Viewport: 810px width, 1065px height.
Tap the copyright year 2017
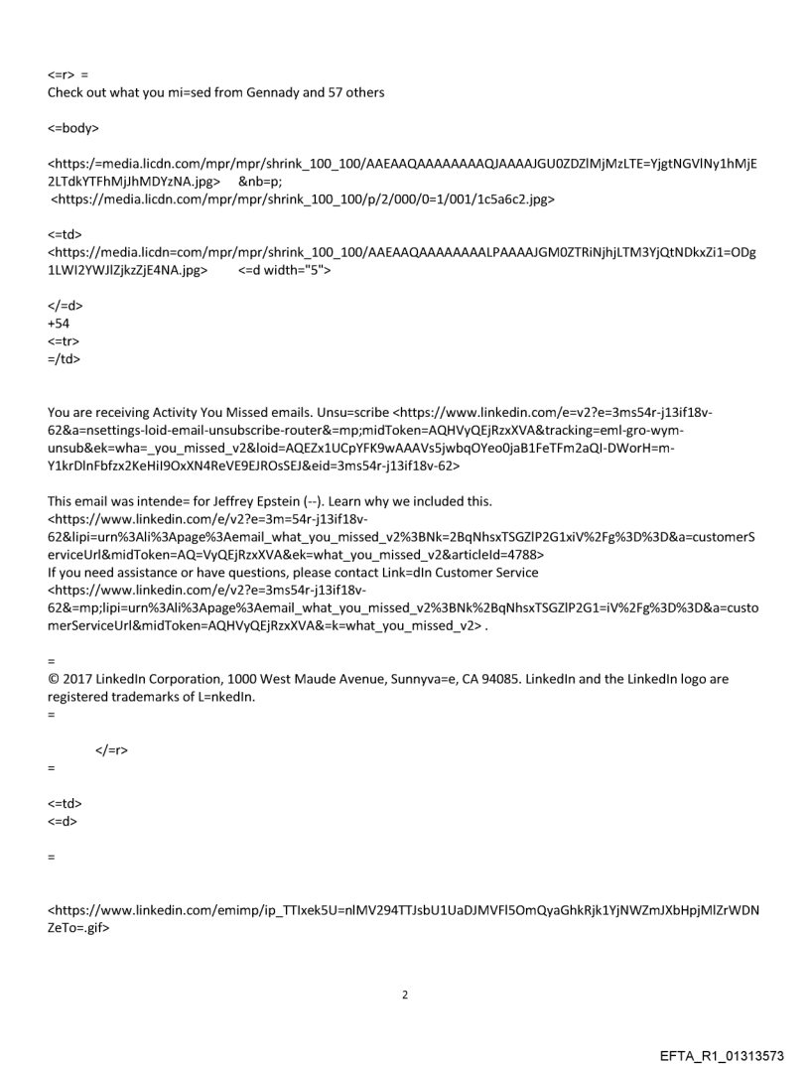77,680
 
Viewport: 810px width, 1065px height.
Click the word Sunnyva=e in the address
493,680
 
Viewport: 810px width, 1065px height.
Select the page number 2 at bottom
405,994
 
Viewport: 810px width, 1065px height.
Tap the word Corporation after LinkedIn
195,680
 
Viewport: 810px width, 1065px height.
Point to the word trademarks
149,697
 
